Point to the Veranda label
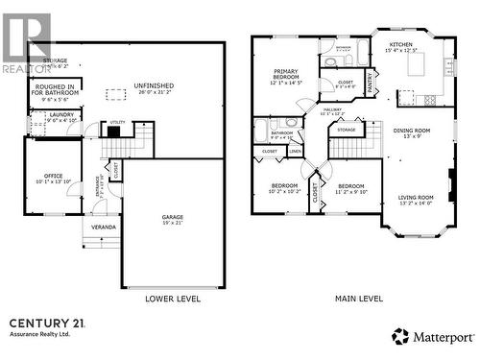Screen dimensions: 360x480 point(104,227)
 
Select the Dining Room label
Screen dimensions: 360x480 point(411,132)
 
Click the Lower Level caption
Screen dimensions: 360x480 point(173,299)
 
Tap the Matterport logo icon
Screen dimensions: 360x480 point(400,337)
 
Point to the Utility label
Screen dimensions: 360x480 point(117,123)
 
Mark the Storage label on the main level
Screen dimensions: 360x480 point(347,130)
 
